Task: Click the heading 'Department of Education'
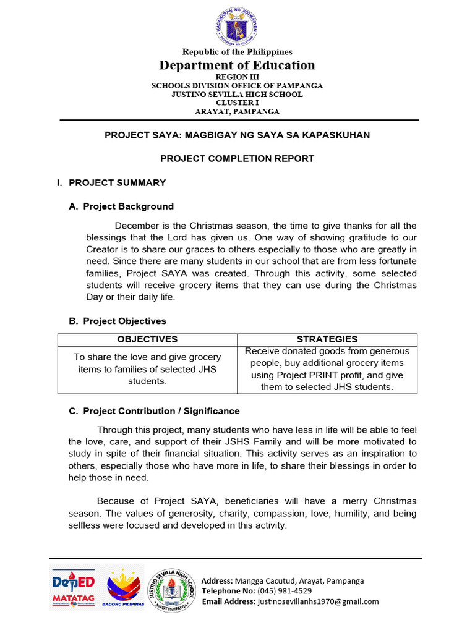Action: click(237, 65)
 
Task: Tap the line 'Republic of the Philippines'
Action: click(237, 52)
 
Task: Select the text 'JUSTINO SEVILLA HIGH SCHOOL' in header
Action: click(237, 95)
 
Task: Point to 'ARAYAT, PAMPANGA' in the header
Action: click(237, 112)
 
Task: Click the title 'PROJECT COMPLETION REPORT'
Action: click(237, 159)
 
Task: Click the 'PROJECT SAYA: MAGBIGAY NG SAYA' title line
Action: click(237, 135)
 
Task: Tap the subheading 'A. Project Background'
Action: click(121, 206)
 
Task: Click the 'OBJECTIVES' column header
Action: click(147, 339)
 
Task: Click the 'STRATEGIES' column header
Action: click(327, 339)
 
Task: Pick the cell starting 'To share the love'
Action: click(147, 369)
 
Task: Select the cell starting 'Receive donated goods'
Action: click(327, 369)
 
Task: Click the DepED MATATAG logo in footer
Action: click(73, 588)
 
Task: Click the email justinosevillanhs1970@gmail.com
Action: click(317, 601)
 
